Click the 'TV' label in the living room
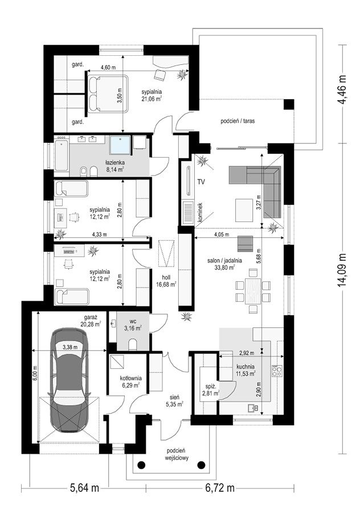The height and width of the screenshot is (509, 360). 201,182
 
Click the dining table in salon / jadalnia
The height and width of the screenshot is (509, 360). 253,290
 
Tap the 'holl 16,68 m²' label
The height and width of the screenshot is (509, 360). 169,281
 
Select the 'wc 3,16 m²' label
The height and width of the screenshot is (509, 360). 133,325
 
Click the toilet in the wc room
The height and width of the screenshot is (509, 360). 133,344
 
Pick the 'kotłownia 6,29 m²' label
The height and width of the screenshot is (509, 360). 130,381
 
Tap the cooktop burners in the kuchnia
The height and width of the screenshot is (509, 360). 277,371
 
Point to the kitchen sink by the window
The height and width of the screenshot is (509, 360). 252,408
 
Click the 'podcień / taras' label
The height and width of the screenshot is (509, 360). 238,121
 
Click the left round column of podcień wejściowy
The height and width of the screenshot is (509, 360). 142,465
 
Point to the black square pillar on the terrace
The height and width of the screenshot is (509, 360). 289,105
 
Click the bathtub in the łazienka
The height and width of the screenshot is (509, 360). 62,155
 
